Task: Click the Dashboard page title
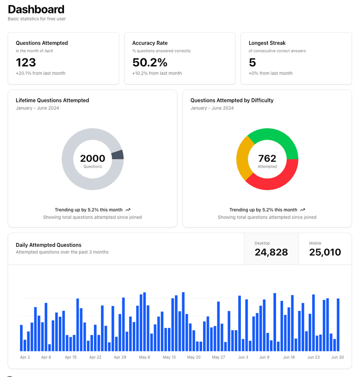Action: [36, 9]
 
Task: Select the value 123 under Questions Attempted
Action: [26, 62]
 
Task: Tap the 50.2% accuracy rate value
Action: [150, 62]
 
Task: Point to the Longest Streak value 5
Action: [252, 62]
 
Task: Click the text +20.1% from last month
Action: [40, 73]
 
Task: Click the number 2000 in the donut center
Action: [93, 158]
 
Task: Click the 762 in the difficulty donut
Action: [267, 158]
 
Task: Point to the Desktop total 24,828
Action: [271, 252]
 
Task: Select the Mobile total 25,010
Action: [325, 252]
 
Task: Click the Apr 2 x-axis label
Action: [25, 357]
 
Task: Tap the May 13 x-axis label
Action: [169, 357]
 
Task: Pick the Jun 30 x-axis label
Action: [337, 357]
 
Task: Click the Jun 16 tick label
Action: [289, 357]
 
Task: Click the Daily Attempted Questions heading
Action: [49, 245]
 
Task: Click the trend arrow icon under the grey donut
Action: [128, 210]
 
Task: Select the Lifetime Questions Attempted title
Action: [52, 100]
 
